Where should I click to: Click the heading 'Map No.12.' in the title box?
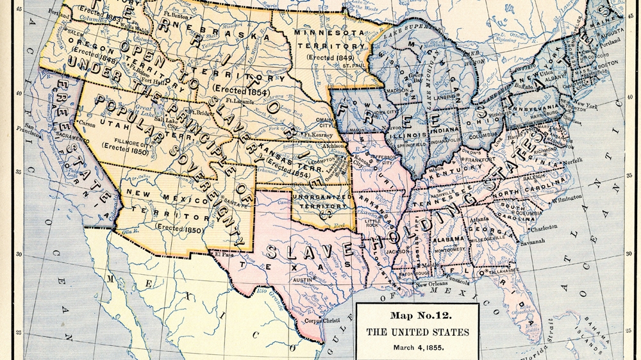pyautogui.click(x=417, y=316)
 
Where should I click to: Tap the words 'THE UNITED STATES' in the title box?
pyautogui.click(x=417, y=332)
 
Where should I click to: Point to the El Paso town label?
pyautogui.click(x=226, y=254)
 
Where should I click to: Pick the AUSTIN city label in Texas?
pyautogui.click(x=303, y=280)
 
